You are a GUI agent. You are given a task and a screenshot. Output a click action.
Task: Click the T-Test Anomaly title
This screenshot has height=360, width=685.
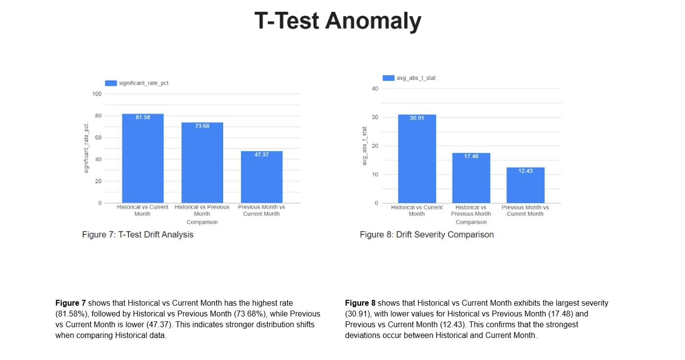tap(338, 21)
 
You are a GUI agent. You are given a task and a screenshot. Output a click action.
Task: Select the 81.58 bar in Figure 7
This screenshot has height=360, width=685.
tap(143, 158)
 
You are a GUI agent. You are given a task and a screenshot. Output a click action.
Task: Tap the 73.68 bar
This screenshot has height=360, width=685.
tap(202, 162)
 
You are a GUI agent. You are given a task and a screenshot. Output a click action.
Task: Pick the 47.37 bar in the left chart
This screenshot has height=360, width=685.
tap(262, 177)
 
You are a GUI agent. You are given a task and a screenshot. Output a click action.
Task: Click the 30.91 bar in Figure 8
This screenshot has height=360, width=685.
tap(417, 158)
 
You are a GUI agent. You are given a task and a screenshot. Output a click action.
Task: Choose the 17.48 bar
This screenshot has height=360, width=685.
tap(471, 178)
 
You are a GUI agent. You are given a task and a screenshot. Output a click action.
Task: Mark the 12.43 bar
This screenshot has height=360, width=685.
tap(525, 185)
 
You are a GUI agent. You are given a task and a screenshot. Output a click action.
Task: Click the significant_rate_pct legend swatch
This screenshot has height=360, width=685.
tap(111, 83)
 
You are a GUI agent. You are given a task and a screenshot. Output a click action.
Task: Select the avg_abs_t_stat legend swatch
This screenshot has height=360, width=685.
tap(388, 78)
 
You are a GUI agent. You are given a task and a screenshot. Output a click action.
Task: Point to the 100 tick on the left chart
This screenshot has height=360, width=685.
tap(97, 94)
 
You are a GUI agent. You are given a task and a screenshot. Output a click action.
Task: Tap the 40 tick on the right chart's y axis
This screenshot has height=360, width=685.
tap(375, 89)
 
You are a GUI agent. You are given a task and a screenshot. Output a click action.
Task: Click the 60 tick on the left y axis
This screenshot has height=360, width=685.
tap(98, 137)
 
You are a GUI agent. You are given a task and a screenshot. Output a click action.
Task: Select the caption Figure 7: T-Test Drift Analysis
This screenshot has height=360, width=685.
tap(137, 235)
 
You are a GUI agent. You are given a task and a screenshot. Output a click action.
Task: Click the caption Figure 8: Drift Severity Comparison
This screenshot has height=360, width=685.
tap(427, 235)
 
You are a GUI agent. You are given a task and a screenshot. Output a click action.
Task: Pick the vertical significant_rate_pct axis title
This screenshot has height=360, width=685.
tap(86, 148)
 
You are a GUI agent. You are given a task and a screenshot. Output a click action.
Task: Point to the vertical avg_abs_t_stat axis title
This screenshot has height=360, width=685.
tap(364, 146)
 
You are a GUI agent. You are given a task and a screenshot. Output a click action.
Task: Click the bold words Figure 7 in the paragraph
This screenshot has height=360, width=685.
tap(70, 303)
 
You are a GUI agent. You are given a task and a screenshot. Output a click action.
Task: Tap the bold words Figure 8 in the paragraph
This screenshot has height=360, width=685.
tap(360, 303)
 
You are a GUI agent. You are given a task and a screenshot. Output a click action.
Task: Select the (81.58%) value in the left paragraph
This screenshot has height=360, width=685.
tap(71, 314)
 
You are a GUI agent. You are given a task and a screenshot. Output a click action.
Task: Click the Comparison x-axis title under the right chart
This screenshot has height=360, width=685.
tap(471, 222)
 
